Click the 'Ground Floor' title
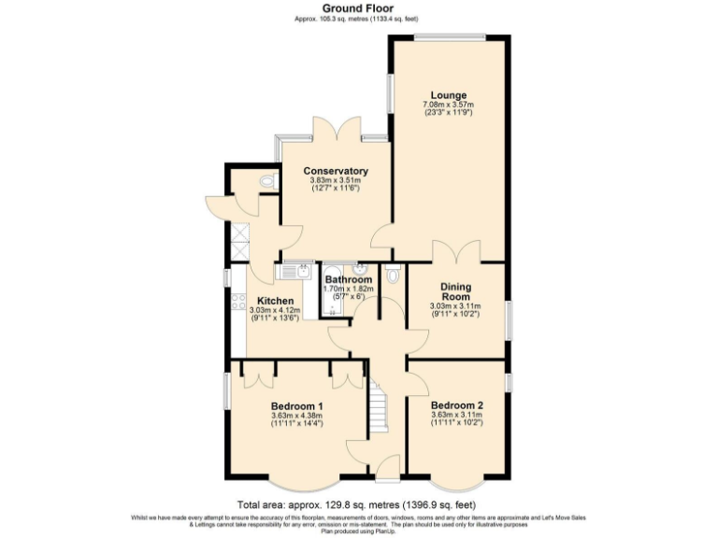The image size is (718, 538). coord(358,7)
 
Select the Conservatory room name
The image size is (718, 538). coord(335,171)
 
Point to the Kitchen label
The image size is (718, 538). coord(267,301)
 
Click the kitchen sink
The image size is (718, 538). coord(298,271)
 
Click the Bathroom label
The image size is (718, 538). coord(348,279)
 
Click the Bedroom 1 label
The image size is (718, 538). coord(296,406)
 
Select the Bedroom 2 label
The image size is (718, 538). coord(456,406)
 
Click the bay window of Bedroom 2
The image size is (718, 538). coord(457,486)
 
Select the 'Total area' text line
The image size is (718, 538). coord(358,503)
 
